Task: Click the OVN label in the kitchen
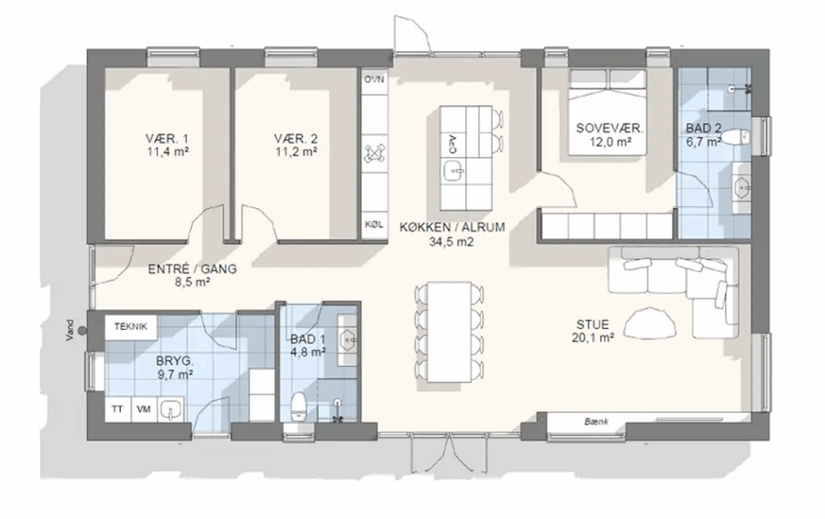374,80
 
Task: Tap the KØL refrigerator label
374,224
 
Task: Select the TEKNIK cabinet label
131,327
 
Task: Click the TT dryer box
118,410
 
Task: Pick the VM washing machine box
143,410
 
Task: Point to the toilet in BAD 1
298,407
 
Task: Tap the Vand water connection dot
83,331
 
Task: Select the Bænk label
596,422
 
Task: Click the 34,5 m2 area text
452,242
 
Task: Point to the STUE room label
592,324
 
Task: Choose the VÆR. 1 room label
167,139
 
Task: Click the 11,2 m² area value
296,152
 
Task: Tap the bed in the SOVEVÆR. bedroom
607,112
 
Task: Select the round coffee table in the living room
650,323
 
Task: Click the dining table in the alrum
449,332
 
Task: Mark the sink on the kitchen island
453,171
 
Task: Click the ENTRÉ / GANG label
192,269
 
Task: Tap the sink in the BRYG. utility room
171,410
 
